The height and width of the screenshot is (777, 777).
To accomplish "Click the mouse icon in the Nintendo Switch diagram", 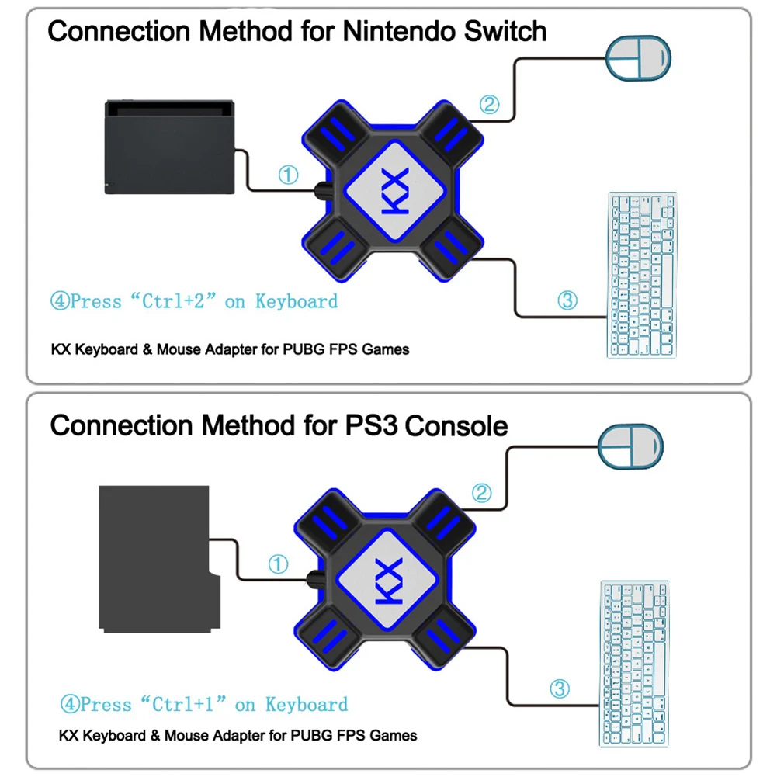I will tap(638, 60).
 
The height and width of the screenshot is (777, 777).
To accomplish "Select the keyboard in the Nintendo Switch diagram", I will tap(641, 275).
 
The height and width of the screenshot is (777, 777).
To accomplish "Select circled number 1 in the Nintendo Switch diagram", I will tap(288, 175).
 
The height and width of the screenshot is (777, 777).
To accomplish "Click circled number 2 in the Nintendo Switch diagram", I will tap(488, 104).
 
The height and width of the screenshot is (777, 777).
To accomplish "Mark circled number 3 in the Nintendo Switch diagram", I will tap(568, 300).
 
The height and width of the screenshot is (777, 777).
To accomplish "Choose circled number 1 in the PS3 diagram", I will tap(278, 564).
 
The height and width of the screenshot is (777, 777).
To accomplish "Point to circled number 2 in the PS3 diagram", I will tap(482, 492).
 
